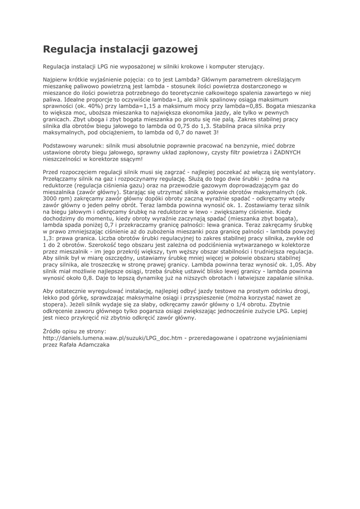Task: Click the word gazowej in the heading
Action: tap(168, 49)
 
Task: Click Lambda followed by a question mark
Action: tap(180, 80)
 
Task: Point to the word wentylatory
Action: tap(297, 172)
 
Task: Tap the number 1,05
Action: tap(293, 265)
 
